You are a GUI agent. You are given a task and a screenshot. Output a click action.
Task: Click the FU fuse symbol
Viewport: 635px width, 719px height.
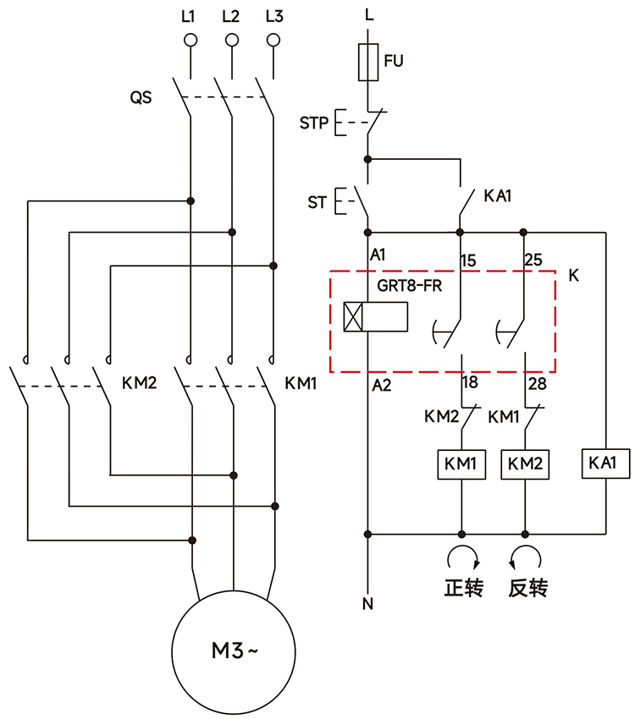click(x=367, y=62)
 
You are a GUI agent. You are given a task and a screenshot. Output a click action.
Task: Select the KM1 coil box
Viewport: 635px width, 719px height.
click(x=461, y=464)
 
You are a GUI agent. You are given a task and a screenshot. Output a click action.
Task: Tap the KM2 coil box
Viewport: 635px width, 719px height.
click(x=526, y=464)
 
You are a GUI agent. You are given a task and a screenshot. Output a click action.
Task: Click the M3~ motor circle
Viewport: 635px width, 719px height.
click(x=232, y=650)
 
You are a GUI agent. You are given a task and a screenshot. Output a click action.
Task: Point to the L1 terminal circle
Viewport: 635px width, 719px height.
click(x=190, y=40)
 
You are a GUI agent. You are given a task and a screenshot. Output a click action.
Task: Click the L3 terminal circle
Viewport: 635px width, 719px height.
click(x=273, y=40)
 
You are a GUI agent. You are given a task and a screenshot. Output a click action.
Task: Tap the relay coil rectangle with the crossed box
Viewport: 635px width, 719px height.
click(x=376, y=316)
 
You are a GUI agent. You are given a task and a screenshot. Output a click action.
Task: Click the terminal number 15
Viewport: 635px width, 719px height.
click(x=468, y=259)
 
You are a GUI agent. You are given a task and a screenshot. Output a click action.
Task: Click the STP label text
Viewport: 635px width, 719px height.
click(x=313, y=123)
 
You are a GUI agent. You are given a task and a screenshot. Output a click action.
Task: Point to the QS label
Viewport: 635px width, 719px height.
click(x=141, y=97)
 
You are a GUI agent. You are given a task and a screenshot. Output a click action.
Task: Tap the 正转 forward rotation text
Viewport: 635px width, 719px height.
click(x=463, y=587)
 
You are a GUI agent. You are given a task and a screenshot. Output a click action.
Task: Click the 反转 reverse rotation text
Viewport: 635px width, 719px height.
click(x=527, y=587)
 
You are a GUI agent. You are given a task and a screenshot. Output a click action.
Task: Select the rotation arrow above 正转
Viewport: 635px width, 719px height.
click(x=462, y=557)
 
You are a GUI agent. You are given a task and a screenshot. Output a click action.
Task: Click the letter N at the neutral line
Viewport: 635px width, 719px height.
click(x=367, y=604)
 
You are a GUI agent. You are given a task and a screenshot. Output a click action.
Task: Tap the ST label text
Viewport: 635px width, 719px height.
click(x=317, y=203)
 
